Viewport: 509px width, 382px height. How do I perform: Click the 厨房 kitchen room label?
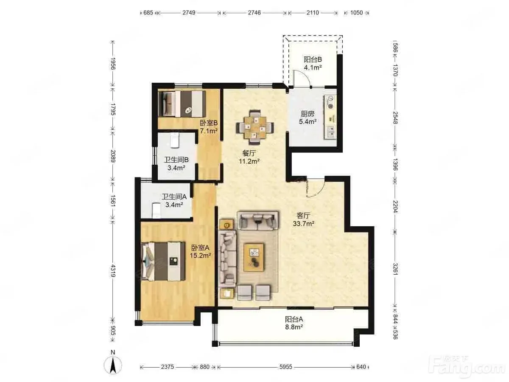(x=308, y=114)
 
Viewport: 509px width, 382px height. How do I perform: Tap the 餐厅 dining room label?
(x=249, y=153)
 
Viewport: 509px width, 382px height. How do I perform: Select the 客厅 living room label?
(x=303, y=216)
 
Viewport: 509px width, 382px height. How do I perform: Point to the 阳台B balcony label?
(x=313, y=59)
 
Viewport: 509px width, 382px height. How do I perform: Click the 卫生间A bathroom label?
(x=174, y=197)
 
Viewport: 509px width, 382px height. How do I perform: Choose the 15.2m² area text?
(x=200, y=256)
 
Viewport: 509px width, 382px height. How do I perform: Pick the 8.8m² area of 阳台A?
(x=294, y=327)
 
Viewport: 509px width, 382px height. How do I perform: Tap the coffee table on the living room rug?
(x=254, y=257)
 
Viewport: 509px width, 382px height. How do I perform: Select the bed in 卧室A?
(x=163, y=261)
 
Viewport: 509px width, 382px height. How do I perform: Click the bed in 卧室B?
(x=182, y=104)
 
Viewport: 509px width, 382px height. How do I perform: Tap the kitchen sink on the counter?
(x=331, y=132)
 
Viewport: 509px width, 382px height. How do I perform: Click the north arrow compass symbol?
(x=113, y=368)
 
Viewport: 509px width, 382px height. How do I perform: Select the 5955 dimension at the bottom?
(x=286, y=367)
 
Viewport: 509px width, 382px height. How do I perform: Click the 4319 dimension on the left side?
(x=113, y=270)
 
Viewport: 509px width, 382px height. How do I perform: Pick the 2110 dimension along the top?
(x=313, y=13)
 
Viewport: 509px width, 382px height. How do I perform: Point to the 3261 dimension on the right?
(x=395, y=269)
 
